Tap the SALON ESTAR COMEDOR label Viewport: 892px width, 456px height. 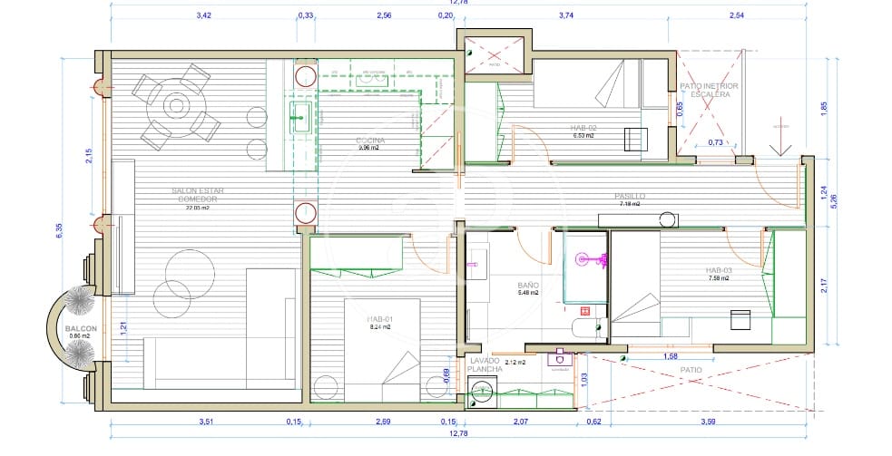(x=198, y=195)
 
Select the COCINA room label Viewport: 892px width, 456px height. (x=370, y=141)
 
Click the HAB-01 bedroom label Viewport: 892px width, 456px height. (x=380, y=319)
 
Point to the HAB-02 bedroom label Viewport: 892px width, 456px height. (x=583, y=127)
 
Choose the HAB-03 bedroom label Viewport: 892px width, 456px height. (x=718, y=271)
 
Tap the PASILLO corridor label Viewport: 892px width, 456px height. (x=630, y=196)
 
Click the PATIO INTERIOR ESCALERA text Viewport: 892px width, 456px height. (x=709, y=89)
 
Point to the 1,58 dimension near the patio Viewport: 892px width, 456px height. (x=671, y=356)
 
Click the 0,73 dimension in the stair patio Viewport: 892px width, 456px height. (x=715, y=142)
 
